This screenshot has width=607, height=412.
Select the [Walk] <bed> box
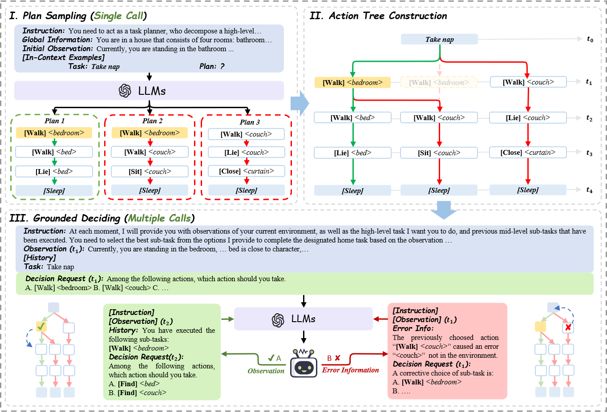(x=352, y=117)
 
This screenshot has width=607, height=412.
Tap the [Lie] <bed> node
(x=352, y=153)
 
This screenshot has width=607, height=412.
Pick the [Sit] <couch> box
(x=439, y=153)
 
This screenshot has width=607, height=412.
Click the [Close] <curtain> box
(x=528, y=152)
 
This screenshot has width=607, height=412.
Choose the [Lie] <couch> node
(x=528, y=117)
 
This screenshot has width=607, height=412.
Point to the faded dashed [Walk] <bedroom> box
(x=439, y=82)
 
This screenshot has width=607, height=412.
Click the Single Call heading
(x=118, y=16)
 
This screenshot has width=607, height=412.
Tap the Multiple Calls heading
(x=159, y=218)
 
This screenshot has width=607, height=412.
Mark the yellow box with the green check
(x=41, y=327)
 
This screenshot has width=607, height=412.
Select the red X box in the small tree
(x=568, y=328)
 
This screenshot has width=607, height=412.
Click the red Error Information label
(x=351, y=370)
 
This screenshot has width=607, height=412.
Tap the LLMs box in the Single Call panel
(x=149, y=91)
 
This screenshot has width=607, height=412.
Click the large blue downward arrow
(x=444, y=210)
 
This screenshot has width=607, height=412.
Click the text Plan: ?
(x=212, y=66)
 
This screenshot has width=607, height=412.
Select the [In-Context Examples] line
(x=64, y=57)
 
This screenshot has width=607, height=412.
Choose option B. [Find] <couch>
(x=138, y=392)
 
